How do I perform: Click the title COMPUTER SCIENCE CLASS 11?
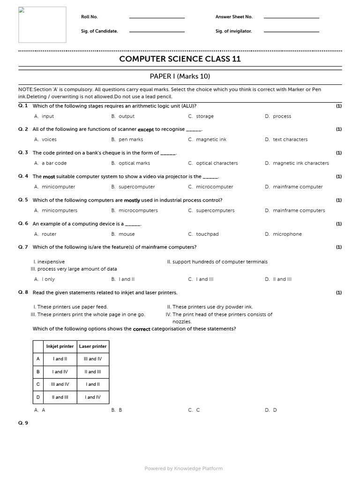180,59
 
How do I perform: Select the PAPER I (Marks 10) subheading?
180,76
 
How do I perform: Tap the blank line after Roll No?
157,17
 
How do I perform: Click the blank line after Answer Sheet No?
291,17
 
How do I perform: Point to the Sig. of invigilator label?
233,31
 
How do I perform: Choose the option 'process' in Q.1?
282,116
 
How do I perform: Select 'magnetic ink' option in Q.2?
211,140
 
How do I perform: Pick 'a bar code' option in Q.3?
54,164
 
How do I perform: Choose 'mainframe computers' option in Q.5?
299,211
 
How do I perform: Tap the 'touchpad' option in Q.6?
207,234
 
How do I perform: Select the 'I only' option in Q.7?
48,279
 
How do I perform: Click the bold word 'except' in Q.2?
146,129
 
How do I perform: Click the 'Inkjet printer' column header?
60,346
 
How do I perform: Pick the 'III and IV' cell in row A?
92,359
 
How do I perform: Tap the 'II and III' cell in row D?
60,397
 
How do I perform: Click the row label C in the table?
38,384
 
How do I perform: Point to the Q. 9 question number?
23,423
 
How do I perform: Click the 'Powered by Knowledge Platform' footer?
184,468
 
